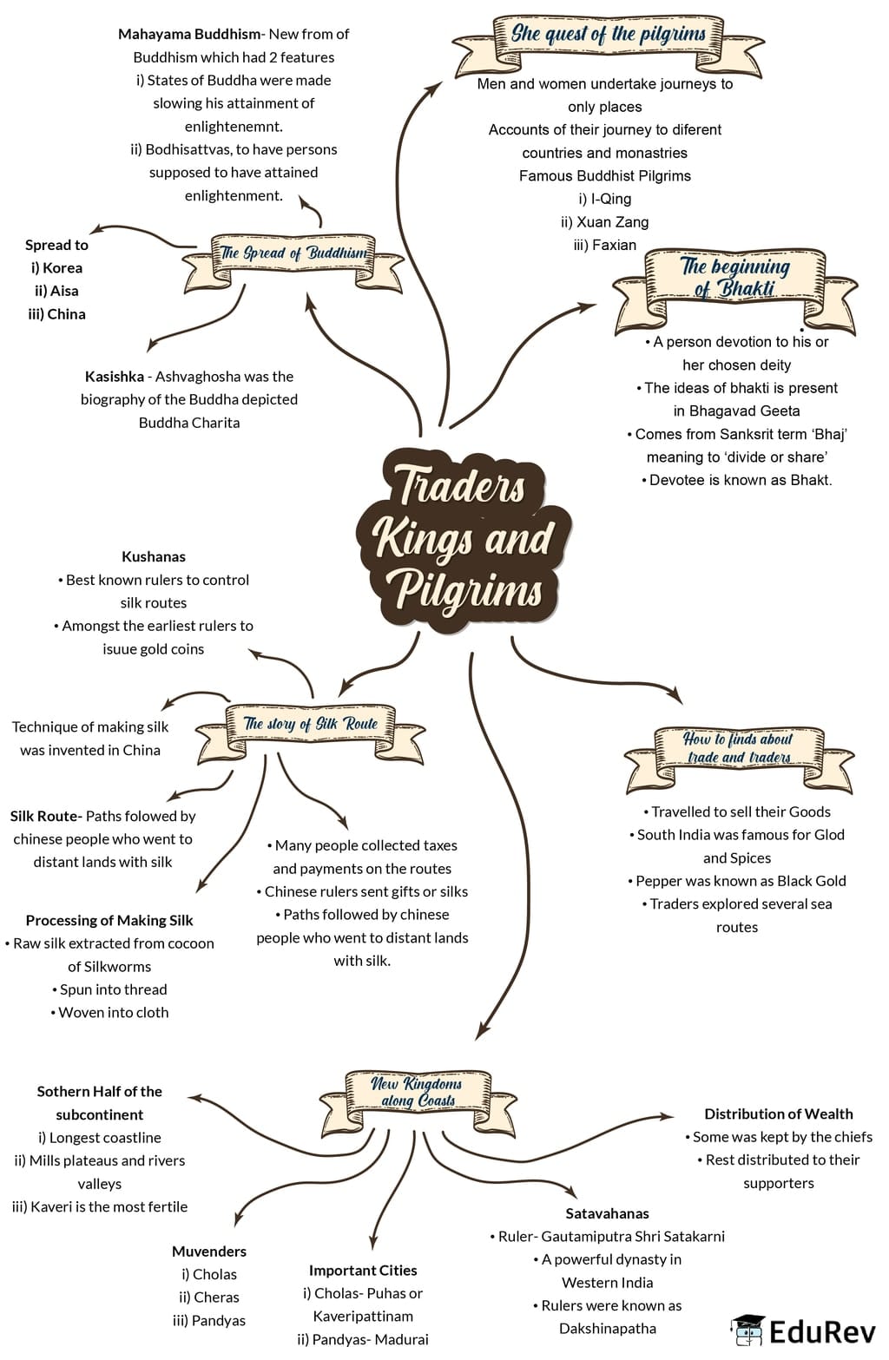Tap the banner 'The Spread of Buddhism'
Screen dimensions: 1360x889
point(293,253)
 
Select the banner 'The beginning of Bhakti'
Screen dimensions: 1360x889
point(734,278)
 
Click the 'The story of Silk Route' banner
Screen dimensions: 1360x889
point(311,724)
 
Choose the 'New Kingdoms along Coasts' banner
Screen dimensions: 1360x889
point(417,1092)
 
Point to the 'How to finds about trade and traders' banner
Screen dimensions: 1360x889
point(738,748)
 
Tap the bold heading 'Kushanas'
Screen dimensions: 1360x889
point(154,556)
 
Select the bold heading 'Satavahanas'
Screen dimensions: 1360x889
point(607,1213)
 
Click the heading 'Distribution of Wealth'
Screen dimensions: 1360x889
point(778,1114)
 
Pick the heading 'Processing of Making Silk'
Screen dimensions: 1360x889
point(109,920)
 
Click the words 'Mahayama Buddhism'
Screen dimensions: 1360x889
point(188,34)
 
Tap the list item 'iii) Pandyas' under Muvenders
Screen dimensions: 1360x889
point(209,1320)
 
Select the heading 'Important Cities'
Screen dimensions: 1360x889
point(363,1270)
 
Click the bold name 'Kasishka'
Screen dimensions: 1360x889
point(115,377)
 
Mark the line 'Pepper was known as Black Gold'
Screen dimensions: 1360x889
point(736,880)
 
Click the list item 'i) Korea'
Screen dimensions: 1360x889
point(57,267)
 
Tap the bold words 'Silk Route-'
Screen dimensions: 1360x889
point(46,816)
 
